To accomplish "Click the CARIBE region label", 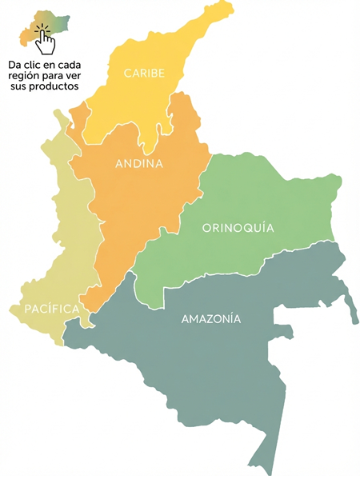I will (144, 74).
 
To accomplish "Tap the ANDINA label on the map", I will (139, 164).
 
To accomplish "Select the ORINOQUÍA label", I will (238, 228).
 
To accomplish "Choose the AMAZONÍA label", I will (211, 319).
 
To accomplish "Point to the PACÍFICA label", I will (51, 309).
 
